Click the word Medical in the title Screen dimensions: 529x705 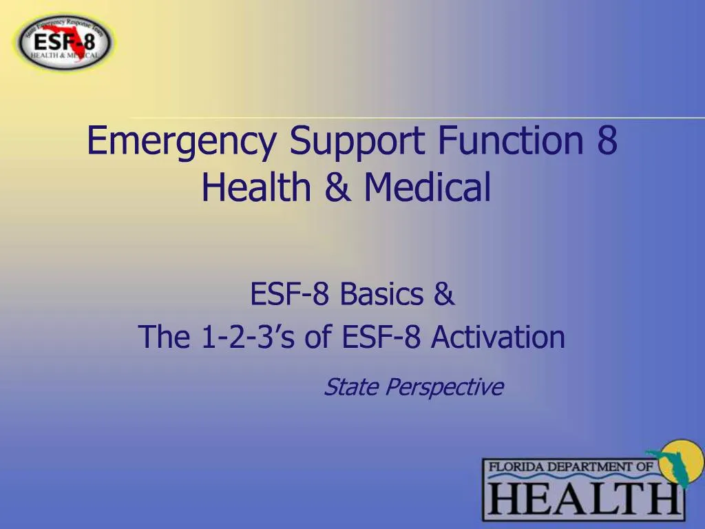[428, 187]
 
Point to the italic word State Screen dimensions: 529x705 [351, 387]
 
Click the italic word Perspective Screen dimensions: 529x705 [444, 388]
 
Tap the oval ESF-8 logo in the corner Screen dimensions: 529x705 [65, 41]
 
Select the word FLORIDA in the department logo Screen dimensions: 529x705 [516, 468]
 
